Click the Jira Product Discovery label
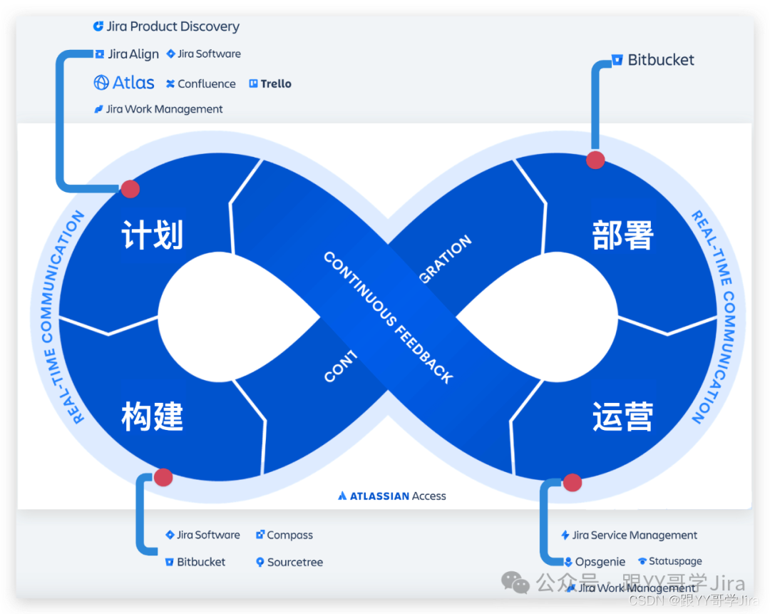coord(167,27)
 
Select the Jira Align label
coord(128,54)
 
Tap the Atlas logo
coord(124,83)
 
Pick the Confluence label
coord(201,84)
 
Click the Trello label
coord(270,84)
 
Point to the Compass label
coord(284,535)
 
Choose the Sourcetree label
coord(289,562)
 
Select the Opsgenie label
coord(595,562)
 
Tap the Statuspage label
coord(670,562)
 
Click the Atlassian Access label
coord(392,496)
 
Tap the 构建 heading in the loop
coord(153,416)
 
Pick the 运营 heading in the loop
coord(622,416)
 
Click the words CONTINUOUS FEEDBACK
coord(388,318)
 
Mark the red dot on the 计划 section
coord(130,189)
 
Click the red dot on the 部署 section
coord(595,160)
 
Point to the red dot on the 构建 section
coord(163,477)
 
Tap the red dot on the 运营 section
coord(572,483)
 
